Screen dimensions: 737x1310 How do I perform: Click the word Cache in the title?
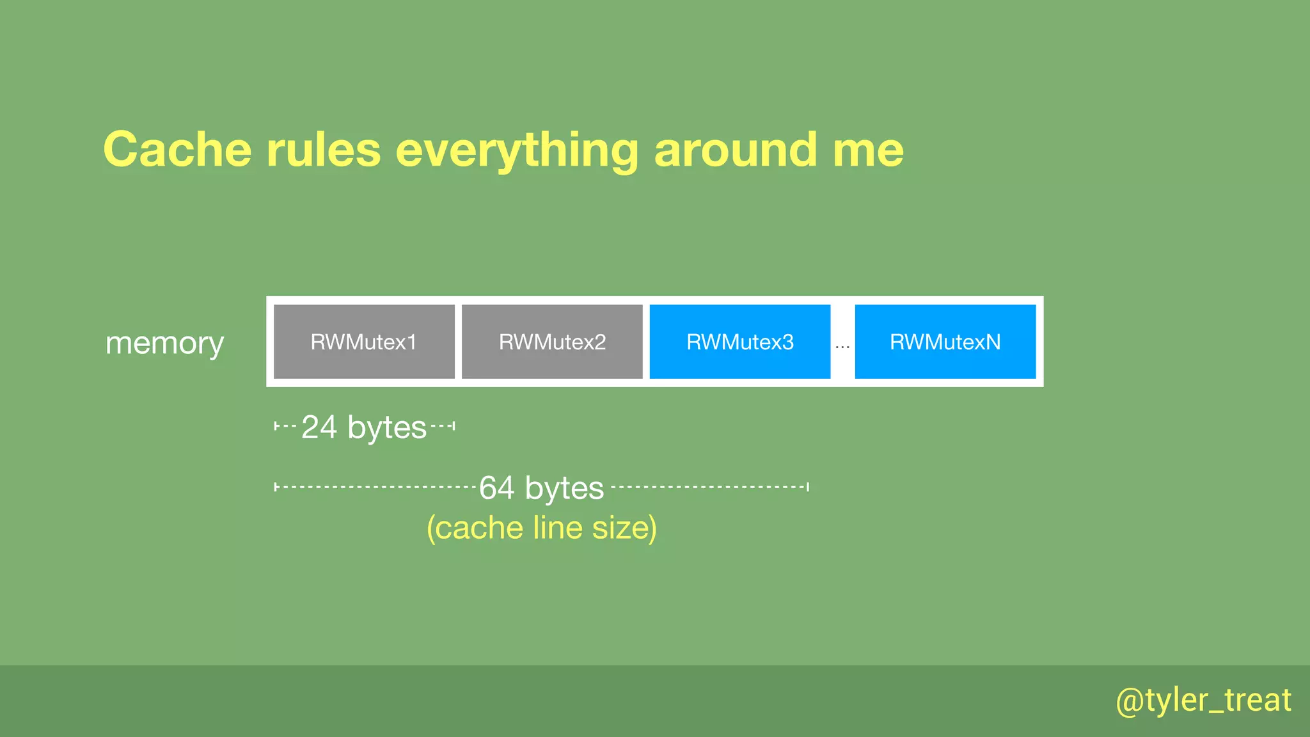click(177, 150)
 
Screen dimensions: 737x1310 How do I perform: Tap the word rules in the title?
click(323, 150)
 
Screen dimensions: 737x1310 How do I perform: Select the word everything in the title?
click(516, 151)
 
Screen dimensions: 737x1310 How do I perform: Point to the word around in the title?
click(735, 150)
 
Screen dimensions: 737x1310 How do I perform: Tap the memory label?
click(164, 344)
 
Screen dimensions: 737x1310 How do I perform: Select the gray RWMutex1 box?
click(364, 342)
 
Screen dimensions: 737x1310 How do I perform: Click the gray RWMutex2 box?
click(552, 342)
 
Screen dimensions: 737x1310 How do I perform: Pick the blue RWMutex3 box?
click(740, 342)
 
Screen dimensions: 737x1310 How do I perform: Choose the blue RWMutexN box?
click(945, 342)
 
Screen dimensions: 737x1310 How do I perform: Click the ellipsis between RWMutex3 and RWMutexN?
click(842, 346)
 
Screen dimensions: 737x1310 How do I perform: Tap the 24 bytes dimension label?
click(363, 427)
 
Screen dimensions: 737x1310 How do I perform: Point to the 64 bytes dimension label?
click(541, 488)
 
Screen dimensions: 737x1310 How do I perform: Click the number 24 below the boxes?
click(319, 427)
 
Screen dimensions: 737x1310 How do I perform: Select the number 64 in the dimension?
click(497, 488)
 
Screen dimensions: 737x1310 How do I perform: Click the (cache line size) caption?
click(541, 528)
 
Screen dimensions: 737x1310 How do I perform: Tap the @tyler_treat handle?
click(1203, 701)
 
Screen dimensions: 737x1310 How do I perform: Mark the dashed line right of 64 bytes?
click(709, 487)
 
